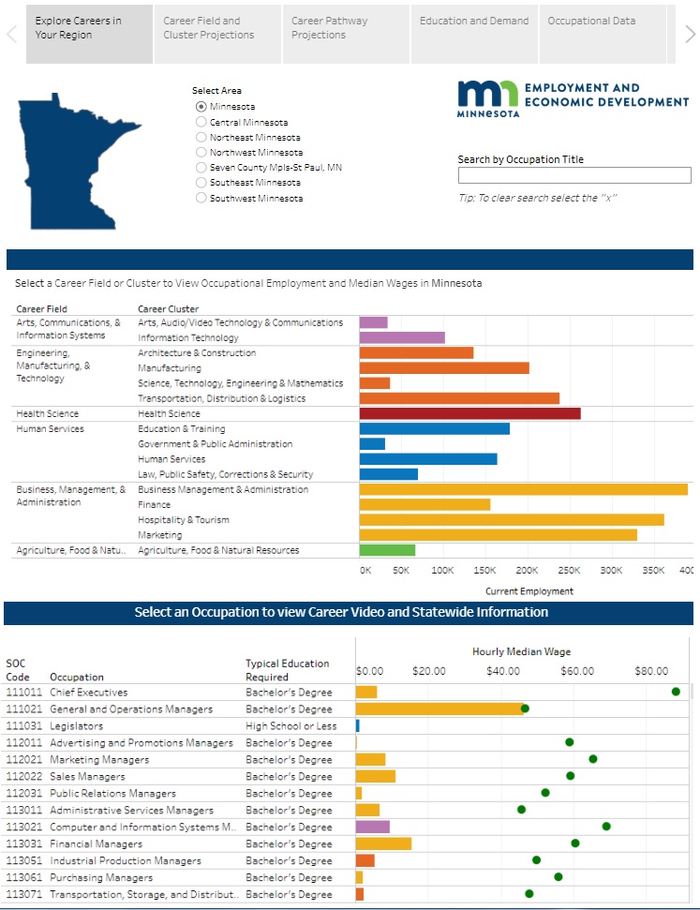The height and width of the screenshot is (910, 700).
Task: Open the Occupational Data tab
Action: coord(591,21)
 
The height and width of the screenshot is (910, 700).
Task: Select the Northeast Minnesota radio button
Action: coord(201,137)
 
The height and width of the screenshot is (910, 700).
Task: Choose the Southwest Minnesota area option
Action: coord(201,198)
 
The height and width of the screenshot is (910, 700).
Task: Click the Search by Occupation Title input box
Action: coord(573,175)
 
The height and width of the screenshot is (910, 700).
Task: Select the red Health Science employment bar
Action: coord(469,413)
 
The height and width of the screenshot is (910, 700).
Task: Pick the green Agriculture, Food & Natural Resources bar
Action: coord(387,550)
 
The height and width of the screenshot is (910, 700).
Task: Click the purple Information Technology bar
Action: coord(402,337)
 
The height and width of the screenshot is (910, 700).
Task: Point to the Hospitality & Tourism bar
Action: coord(511,520)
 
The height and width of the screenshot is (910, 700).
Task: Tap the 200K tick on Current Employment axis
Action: coord(527,570)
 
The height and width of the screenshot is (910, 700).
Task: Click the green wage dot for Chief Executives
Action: coord(676,692)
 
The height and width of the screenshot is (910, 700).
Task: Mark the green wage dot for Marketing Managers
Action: coord(592,759)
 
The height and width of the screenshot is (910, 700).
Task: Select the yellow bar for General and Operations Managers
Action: coord(439,709)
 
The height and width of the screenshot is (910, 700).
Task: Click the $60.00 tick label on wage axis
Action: coord(577,671)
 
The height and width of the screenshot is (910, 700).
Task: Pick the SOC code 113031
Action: coord(24,843)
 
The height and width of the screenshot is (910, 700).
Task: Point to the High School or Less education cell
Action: coord(291,725)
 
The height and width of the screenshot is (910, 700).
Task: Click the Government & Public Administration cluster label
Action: coord(215,444)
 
